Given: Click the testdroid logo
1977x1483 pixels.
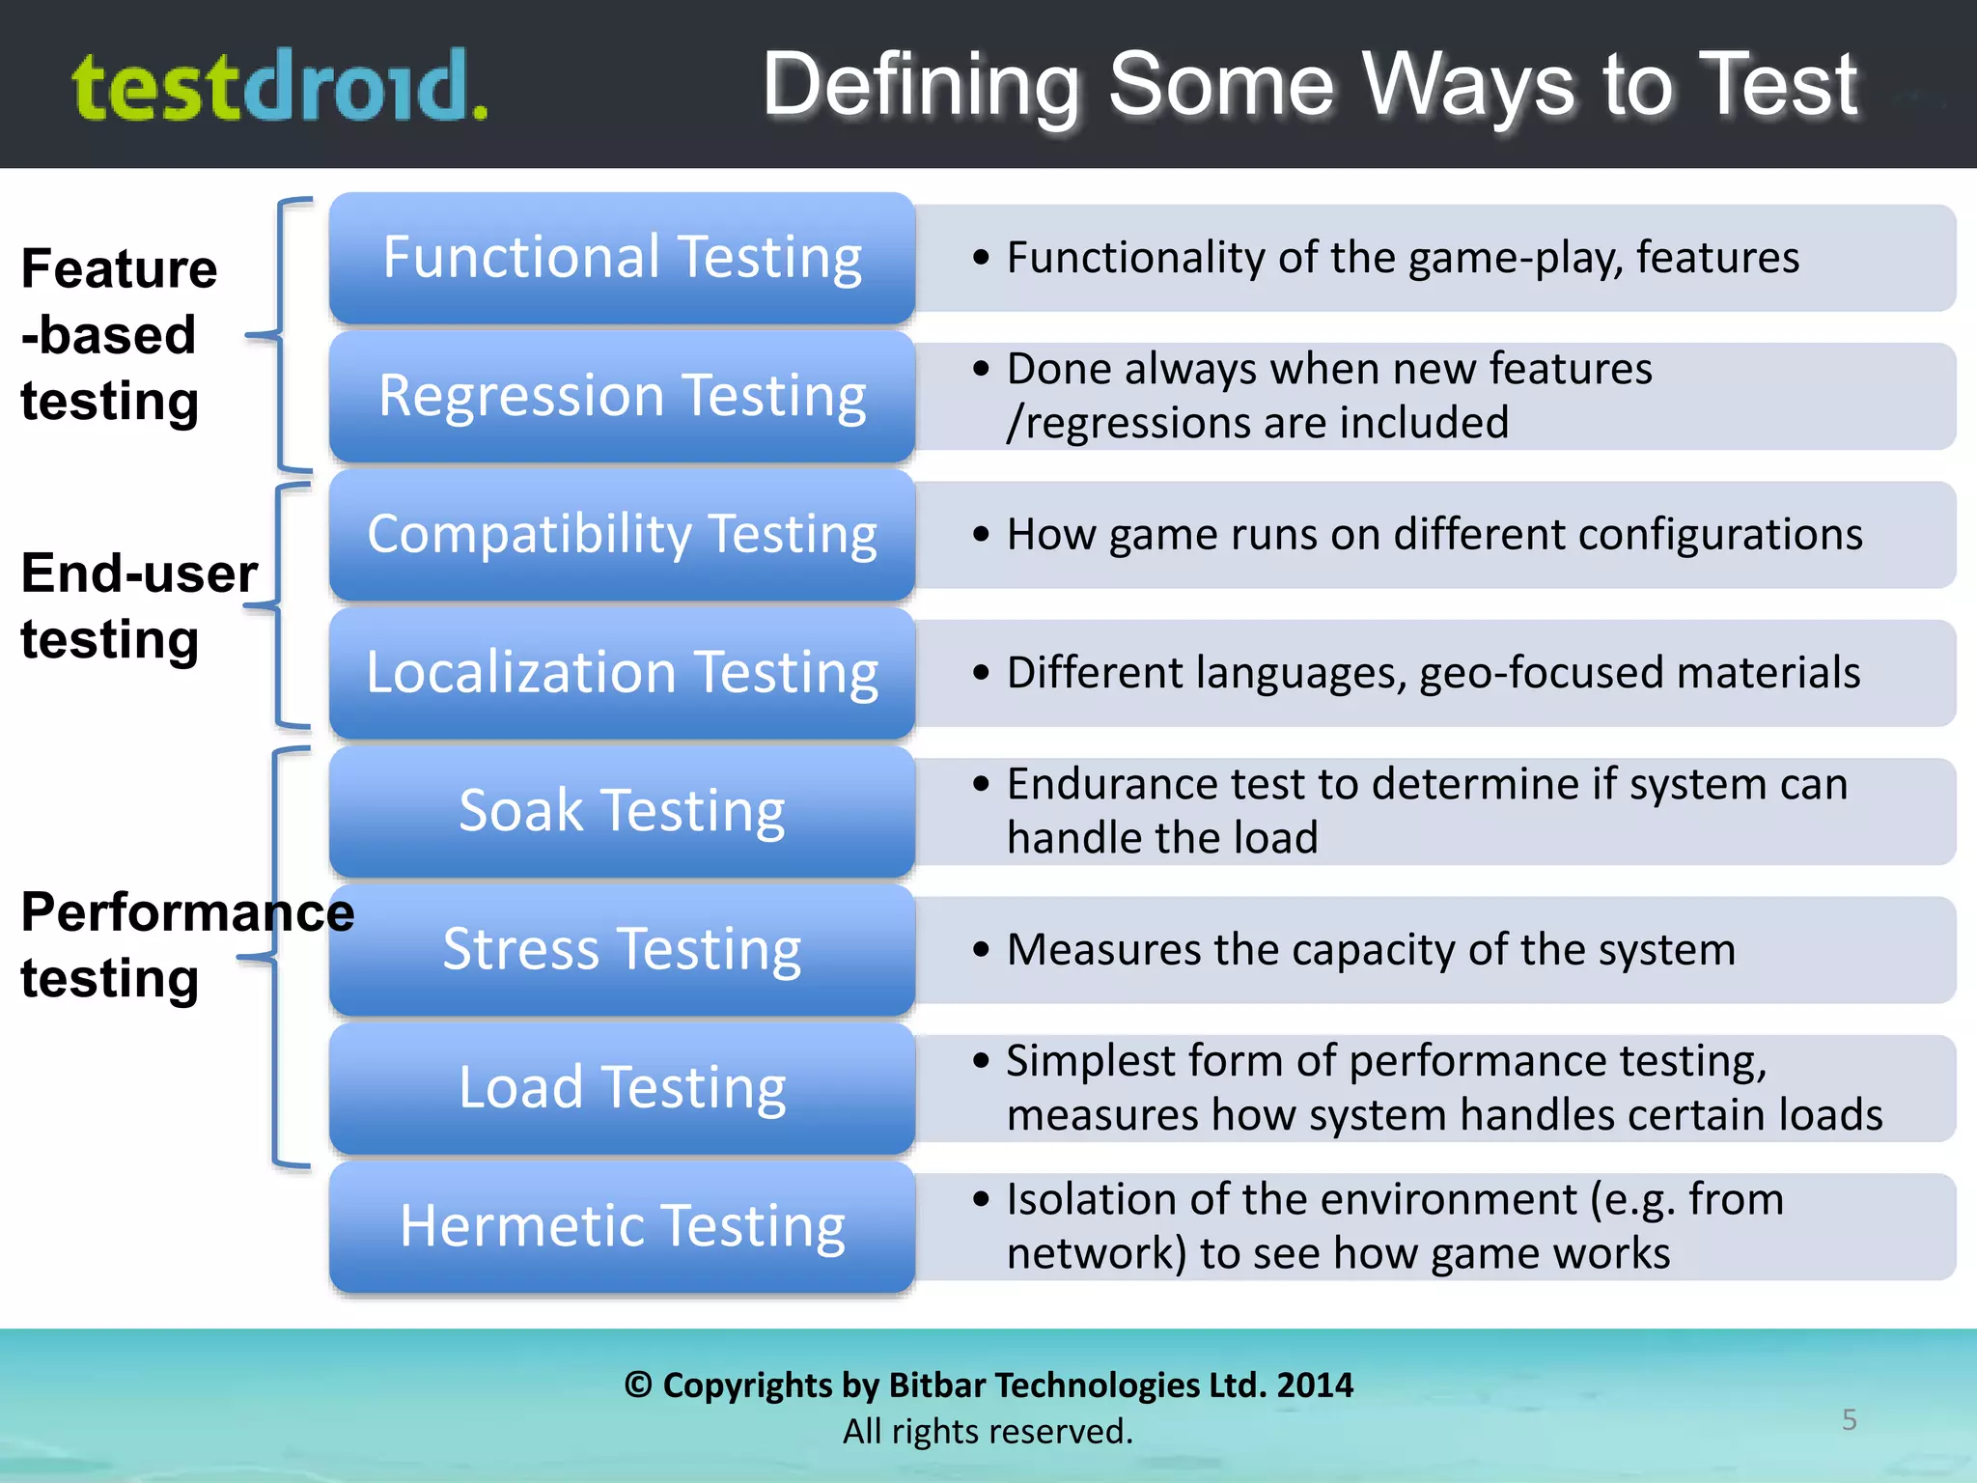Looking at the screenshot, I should (280, 87).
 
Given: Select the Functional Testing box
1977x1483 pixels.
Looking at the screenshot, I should (622, 258).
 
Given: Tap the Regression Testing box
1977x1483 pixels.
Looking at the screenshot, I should (622, 396).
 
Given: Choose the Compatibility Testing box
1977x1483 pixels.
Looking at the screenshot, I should (622, 535).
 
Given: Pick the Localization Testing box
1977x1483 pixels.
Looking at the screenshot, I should (622, 673).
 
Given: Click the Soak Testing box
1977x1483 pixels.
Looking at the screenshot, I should (622, 811).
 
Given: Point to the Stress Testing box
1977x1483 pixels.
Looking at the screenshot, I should (622, 950).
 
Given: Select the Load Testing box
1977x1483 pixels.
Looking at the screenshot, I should (622, 1088).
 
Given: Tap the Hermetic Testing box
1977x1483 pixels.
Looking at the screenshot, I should (622, 1226).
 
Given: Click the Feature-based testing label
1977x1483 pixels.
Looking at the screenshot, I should (118, 334).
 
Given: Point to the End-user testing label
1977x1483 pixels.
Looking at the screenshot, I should (138, 605).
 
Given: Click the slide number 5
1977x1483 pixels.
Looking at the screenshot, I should (1849, 1419).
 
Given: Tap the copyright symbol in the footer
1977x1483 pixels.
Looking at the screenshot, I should (638, 1385).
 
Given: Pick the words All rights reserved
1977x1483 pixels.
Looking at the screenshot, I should (988, 1431).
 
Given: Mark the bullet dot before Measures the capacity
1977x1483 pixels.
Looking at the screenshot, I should (982, 950).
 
